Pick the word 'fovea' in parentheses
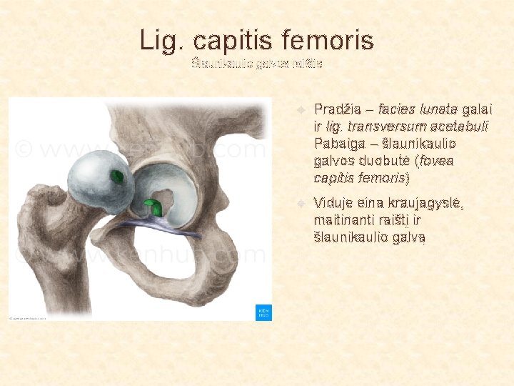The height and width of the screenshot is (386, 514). pos(438,161)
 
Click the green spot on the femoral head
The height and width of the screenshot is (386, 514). pos(116,176)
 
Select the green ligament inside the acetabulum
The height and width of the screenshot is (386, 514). pos(153,207)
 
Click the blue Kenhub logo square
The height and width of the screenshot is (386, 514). pos(263,312)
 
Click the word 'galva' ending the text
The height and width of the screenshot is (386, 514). pos(409,237)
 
